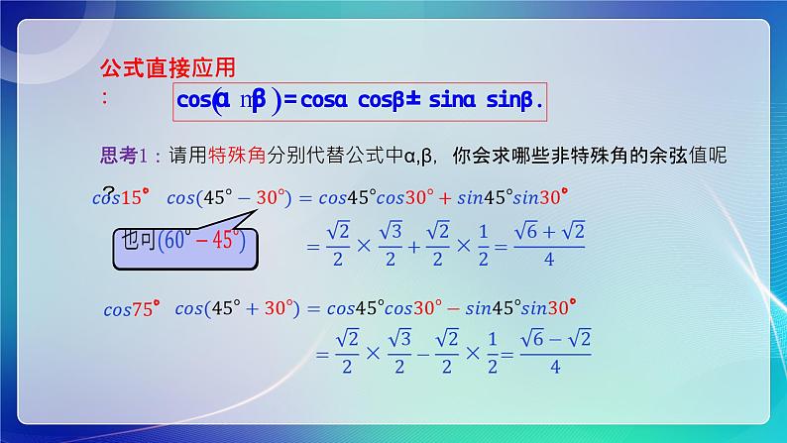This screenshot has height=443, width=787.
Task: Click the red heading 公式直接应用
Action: click(x=169, y=68)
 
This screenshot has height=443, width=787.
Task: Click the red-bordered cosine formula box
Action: click(x=360, y=100)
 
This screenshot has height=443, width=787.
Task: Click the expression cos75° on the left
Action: click(x=130, y=308)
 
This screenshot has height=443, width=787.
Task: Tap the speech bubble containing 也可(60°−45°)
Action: click(x=183, y=243)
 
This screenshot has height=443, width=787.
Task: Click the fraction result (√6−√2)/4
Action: click(x=556, y=352)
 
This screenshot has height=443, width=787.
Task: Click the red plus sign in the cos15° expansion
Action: click(x=443, y=197)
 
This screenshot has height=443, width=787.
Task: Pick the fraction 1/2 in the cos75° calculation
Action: click(x=489, y=353)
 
